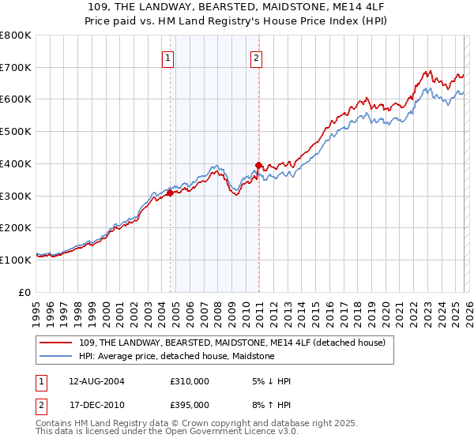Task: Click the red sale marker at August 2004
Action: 170,192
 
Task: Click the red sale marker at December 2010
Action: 258,165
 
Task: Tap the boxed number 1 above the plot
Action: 169,57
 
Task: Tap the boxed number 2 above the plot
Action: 258,57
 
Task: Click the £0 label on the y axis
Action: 25,292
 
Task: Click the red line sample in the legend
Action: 57,343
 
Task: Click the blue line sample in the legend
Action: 57,356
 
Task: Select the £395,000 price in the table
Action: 190,404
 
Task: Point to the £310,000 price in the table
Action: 190,381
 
